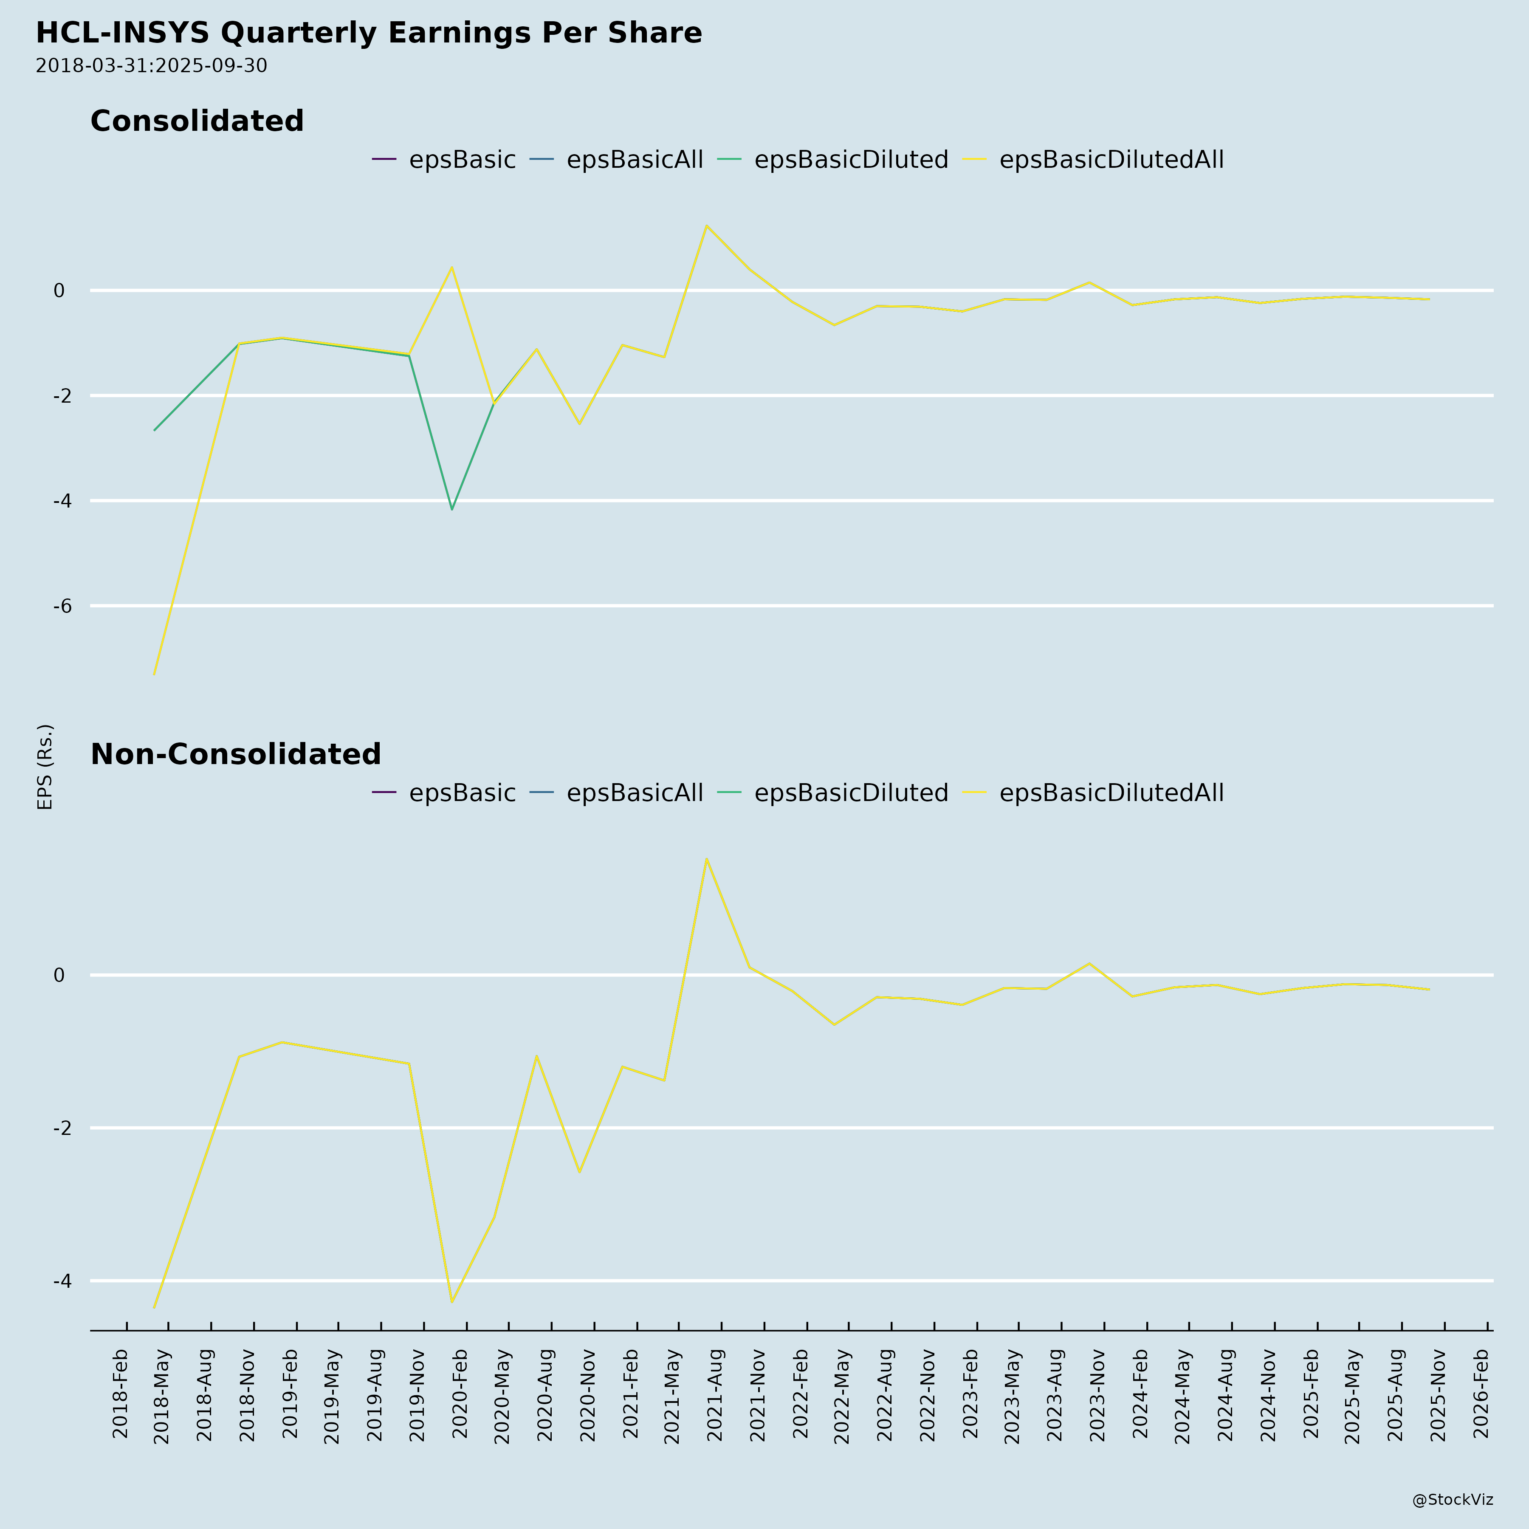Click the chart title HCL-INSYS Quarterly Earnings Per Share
pos(369,33)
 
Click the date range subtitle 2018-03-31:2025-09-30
pos(151,66)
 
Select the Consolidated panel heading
pos(197,121)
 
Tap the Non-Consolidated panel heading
pos(236,754)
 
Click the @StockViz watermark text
pos(1452,1500)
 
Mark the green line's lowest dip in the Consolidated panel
pos(452,509)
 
